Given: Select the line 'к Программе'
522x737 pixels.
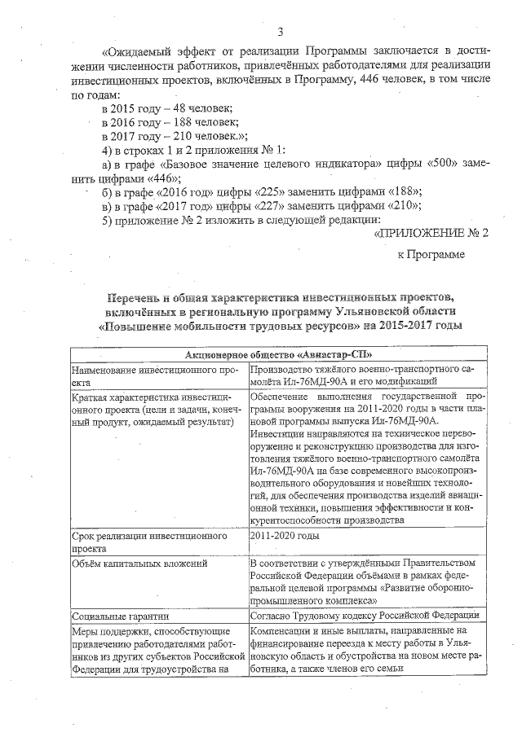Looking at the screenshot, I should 431,255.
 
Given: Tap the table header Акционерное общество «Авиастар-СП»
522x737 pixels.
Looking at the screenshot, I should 279,356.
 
